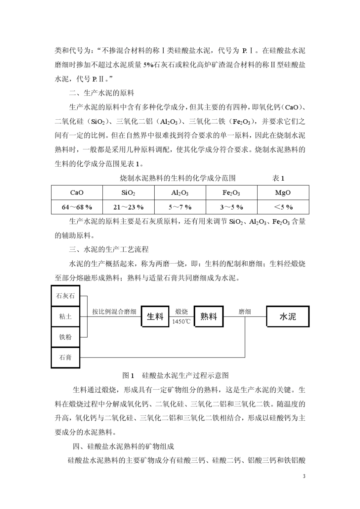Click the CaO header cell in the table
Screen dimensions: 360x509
click(x=77, y=192)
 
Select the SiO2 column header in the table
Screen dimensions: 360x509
click(x=128, y=192)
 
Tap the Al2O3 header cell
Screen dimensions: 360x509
click(x=180, y=192)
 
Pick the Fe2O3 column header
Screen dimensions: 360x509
click(x=231, y=192)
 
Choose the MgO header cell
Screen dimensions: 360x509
click(x=283, y=192)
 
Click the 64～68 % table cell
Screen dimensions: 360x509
click(x=77, y=207)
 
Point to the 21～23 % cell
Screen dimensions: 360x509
click(x=128, y=207)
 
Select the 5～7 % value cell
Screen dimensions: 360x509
click(x=180, y=207)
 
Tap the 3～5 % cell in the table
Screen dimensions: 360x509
click(x=231, y=207)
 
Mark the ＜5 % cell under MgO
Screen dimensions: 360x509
click(x=283, y=207)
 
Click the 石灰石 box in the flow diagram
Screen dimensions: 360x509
click(x=66, y=296)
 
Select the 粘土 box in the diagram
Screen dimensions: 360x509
click(x=66, y=316)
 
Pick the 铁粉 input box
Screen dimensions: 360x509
click(x=66, y=337)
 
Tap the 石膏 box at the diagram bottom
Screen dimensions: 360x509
click(x=66, y=357)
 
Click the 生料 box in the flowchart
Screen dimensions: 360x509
click(x=155, y=317)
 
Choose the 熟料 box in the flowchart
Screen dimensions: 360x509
click(x=209, y=317)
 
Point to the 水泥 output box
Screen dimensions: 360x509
click(x=288, y=317)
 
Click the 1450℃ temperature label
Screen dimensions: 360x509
click(x=182, y=322)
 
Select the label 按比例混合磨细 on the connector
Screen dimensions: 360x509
click(x=114, y=312)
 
